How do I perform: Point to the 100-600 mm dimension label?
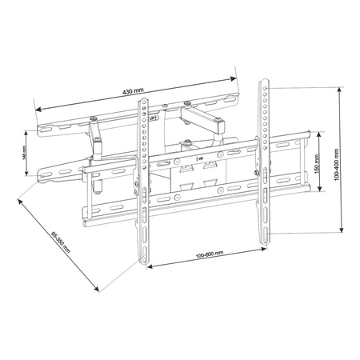click(x=207, y=252)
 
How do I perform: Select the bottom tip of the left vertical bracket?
click(x=144, y=268)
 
